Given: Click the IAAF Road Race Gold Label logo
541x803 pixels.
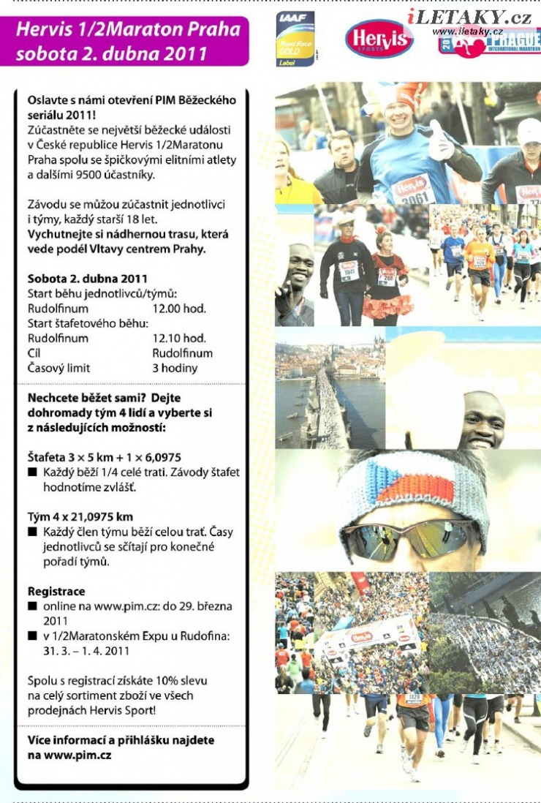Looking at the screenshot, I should tap(295, 39).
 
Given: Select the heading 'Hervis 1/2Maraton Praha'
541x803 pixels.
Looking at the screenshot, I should tap(128, 30).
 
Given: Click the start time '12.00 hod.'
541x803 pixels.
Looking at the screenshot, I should tap(179, 309).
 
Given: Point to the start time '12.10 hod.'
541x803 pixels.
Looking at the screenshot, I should tap(179, 339).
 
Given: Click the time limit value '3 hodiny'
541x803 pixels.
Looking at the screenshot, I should tap(175, 369).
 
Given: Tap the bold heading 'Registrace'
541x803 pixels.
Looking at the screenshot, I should tap(56, 591).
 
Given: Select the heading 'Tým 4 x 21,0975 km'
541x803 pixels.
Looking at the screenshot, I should tap(80, 517).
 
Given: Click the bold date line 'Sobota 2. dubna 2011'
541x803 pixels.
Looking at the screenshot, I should tap(88, 279).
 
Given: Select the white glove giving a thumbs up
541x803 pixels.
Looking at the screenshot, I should tap(441, 142).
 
